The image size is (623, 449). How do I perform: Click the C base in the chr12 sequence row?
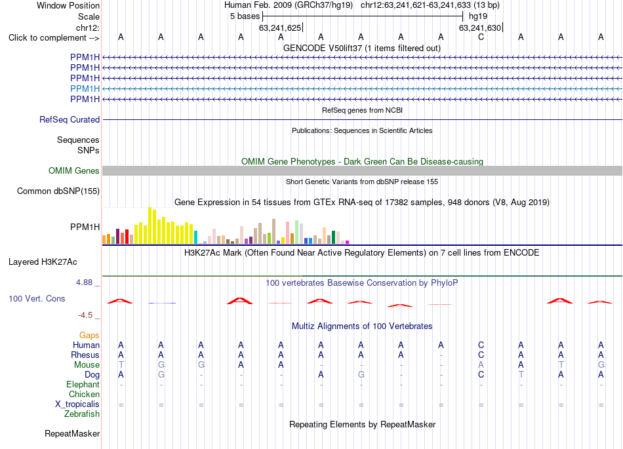(x=481, y=37)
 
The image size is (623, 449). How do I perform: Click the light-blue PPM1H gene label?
(x=85, y=88)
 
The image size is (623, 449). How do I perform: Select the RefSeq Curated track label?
(x=70, y=119)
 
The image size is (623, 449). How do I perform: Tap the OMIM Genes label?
(x=74, y=170)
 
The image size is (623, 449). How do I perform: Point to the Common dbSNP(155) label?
(x=58, y=191)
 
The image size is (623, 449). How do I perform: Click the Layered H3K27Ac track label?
(x=43, y=262)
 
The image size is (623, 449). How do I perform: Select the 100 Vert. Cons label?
(x=37, y=298)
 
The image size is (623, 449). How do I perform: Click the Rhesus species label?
(x=85, y=355)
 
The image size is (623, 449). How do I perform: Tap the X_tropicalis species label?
(x=77, y=404)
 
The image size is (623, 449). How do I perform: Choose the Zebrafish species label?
(x=82, y=414)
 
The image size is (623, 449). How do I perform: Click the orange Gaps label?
(x=89, y=336)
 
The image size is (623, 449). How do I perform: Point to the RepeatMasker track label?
(x=72, y=433)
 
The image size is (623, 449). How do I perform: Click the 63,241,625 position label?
(x=280, y=28)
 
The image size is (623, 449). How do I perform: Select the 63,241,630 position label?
(x=480, y=28)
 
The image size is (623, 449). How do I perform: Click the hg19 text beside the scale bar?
(x=478, y=16)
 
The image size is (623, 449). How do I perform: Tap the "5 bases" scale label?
(x=245, y=16)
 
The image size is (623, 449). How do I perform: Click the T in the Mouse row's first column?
(x=121, y=365)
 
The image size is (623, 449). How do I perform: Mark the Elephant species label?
(x=83, y=385)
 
